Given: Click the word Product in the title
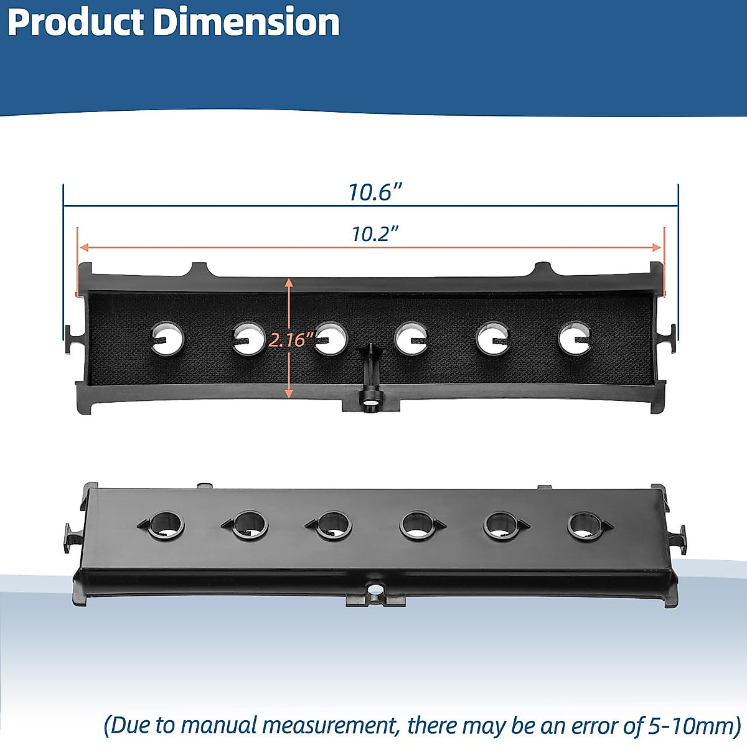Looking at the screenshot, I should [x=77, y=23].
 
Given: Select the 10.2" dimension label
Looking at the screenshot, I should [x=374, y=234].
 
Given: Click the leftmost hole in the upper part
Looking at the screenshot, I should [x=168, y=339].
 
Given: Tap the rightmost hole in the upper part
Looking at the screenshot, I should [x=575, y=339].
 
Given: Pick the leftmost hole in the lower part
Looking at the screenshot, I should [x=166, y=525].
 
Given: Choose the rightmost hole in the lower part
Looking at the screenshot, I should [x=585, y=527].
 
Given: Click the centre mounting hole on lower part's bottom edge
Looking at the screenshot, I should [x=375, y=589].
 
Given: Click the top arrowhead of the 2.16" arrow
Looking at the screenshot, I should [x=289, y=283].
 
